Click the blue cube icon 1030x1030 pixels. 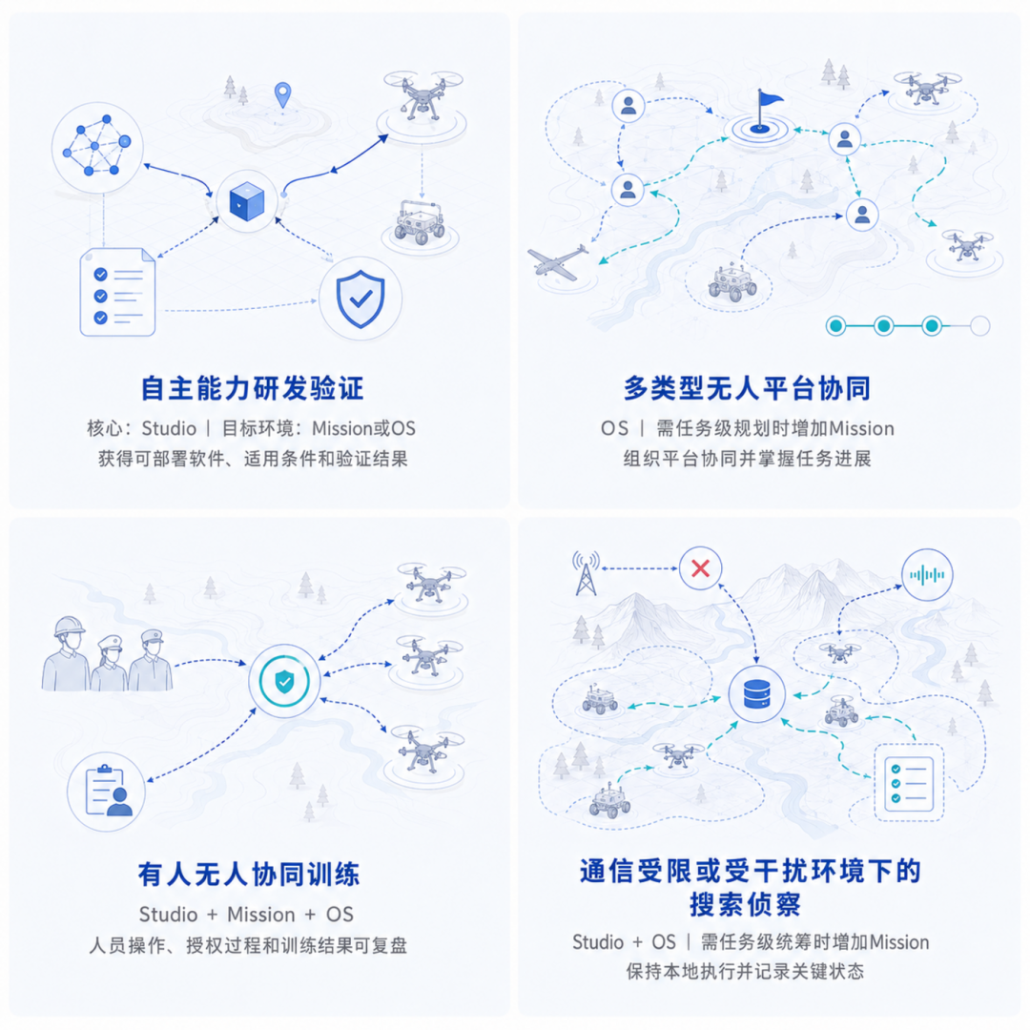(247, 201)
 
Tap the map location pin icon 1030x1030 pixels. (283, 94)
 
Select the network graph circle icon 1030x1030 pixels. (97, 147)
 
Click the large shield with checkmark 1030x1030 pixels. (360, 299)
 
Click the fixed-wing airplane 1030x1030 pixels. (558, 262)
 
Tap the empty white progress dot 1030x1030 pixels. (980, 326)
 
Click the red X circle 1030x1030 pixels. (700, 568)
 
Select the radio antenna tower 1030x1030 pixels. (586, 573)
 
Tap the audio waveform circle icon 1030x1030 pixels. (927, 575)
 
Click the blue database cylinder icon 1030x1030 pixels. (756, 694)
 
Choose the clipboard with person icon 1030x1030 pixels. (107, 792)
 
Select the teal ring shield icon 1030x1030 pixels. (284, 681)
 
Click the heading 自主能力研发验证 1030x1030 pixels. (252, 388)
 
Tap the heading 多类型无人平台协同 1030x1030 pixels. (747, 388)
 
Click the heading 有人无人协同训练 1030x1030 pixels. (249, 875)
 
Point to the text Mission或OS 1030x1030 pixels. (363, 429)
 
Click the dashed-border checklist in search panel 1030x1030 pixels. (909, 782)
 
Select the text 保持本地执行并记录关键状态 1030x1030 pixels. (745, 971)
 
